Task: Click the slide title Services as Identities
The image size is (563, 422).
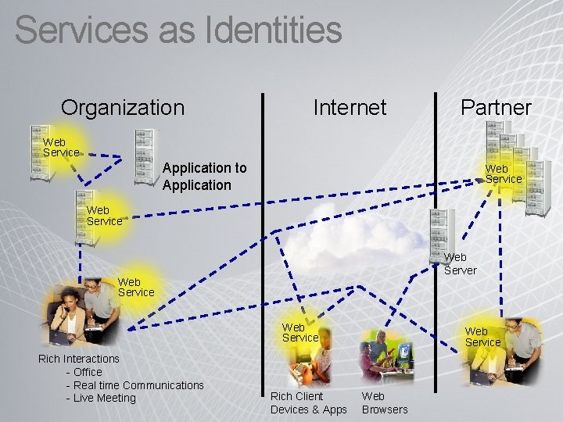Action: (178, 30)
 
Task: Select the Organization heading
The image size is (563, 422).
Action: (123, 107)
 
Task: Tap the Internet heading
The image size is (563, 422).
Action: (350, 107)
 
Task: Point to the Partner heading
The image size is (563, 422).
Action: (496, 107)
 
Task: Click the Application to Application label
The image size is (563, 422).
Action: (204, 176)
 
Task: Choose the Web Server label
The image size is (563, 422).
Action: (460, 263)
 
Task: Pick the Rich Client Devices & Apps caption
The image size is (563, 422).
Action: (308, 402)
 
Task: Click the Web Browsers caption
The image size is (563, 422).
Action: (384, 402)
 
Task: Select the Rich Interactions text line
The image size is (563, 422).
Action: (79, 359)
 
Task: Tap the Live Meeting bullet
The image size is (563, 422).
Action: (102, 398)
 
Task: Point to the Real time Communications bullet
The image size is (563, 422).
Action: (135, 384)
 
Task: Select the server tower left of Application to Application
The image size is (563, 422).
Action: (146, 156)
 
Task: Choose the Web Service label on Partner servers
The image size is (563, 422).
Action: (503, 173)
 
